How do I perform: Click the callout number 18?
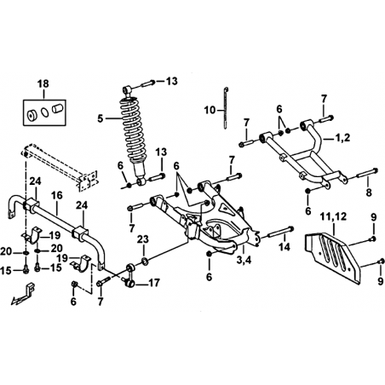point(43,83)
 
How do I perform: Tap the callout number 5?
point(101,118)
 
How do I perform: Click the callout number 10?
point(210,110)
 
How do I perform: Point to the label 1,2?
point(342,138)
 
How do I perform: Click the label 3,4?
point(244,259)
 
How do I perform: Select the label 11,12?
point(334,216)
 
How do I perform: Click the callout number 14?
point(284,247)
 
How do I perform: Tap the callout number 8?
point(369,192)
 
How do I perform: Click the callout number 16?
point(57,195)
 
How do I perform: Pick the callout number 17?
point(154,283)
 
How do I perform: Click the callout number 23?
point(143,239)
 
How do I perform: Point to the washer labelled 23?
point(144,261)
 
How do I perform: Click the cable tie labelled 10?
point(225,108)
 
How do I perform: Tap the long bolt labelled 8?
point(366,173)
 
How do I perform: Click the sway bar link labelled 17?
point(130,275)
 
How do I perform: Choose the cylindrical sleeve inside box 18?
point(58,109)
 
